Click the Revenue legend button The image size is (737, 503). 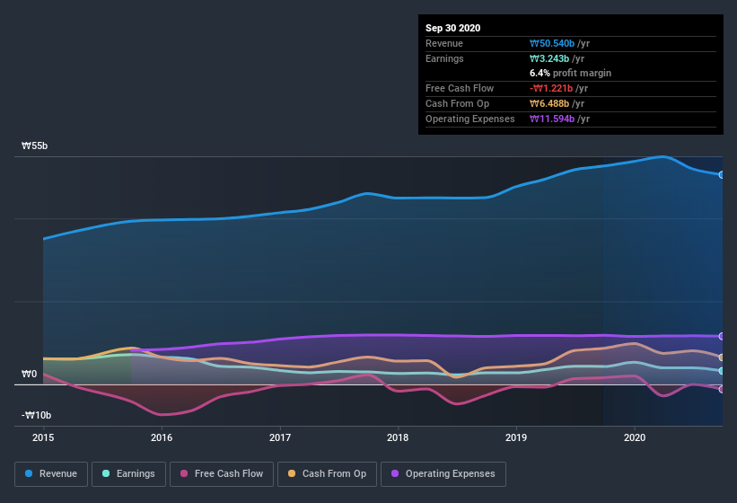point(52,473)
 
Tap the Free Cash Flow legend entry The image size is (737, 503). point(222,473)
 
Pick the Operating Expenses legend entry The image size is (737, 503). point(443,473)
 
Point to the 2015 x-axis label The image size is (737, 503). point(43,438)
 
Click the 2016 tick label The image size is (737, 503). point(162,438)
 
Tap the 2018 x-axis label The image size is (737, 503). point(398,438)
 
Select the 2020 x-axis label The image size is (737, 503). point(635,438)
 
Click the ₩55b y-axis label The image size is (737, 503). point(36,146)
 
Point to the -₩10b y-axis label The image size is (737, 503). point(37,415)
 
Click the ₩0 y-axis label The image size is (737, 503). point(30,374)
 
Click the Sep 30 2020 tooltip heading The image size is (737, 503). point(452,28)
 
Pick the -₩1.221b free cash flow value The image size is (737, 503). point(559,88)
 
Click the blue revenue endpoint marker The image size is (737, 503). point(722,174)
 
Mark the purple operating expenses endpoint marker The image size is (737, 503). point(722,336)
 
